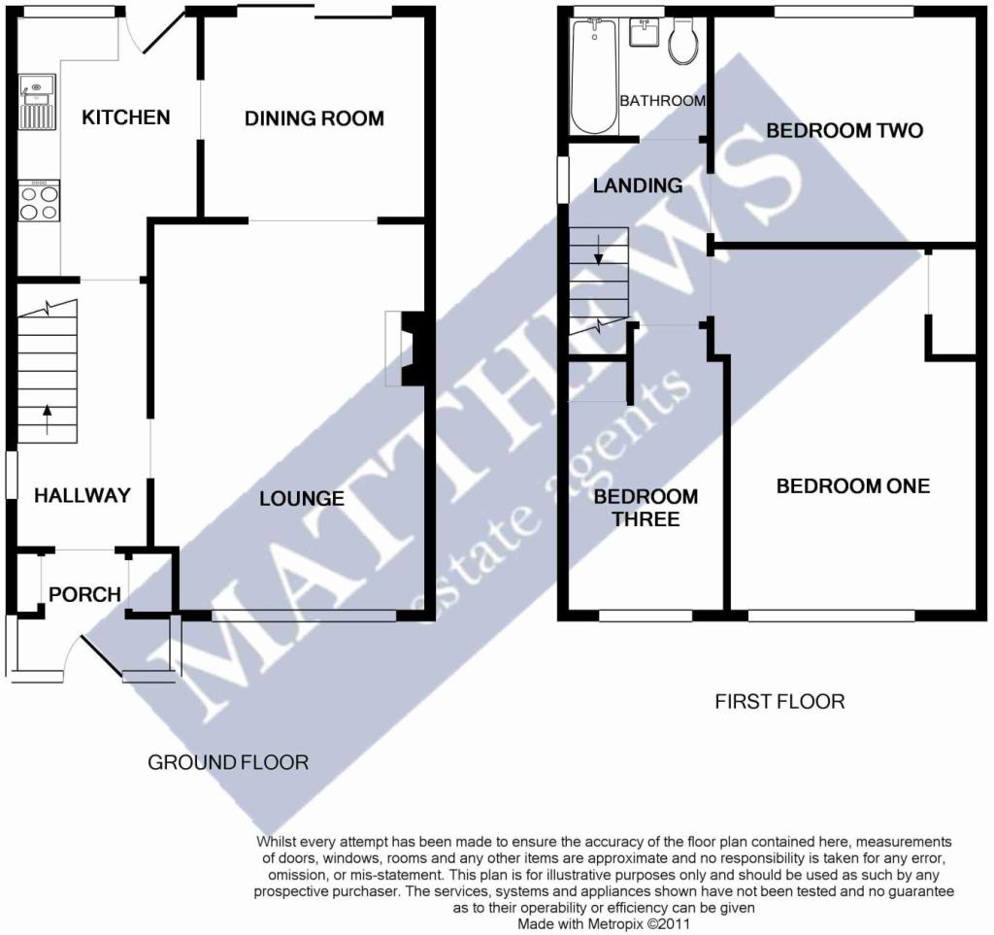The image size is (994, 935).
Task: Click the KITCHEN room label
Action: [x=126, y=117]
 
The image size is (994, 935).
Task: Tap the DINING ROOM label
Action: [x=315, y=118]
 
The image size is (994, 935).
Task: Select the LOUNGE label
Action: [x=302, y=498]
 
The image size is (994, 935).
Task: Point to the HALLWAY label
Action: [x=83, y=495]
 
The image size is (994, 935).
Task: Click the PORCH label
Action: [x=85, y=594]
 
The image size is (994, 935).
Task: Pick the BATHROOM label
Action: [x=662, y=101]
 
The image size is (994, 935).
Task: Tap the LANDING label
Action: [x=638, y=185]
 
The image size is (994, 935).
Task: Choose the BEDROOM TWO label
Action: [x=845, y=130]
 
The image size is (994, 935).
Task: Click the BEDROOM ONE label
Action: [x=853, y=486]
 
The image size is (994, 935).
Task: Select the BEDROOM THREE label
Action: [x=646, y=508]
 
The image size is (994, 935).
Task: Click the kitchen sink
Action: [x=38, y=102]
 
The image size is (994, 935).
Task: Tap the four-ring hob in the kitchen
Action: [x=39, y=201]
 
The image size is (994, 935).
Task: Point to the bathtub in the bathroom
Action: [x=594, y=76]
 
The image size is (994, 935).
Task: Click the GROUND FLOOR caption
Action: [x=228, y=762]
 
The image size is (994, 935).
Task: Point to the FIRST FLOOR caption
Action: [x=779, y=702]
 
